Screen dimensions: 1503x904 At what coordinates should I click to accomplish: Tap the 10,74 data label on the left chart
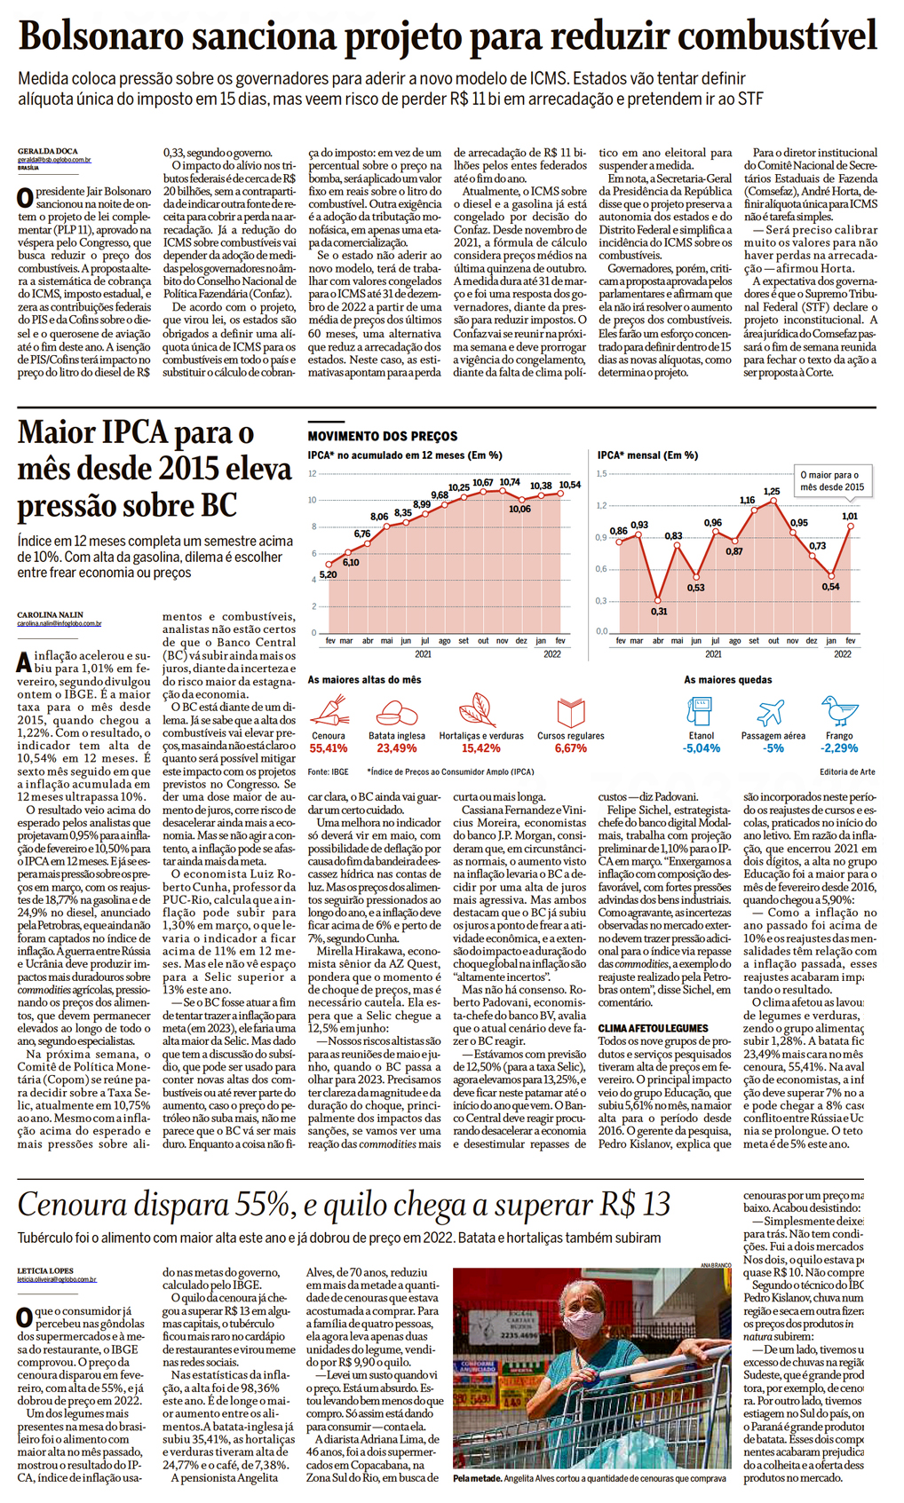click(509, 482)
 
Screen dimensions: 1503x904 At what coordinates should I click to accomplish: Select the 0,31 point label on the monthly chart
click(659, 611)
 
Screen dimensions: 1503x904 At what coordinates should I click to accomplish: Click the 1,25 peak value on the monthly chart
click(772, 491)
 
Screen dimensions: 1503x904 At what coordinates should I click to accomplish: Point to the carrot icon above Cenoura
click(329, 712)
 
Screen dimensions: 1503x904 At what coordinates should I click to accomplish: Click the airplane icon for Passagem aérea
click(771, 712)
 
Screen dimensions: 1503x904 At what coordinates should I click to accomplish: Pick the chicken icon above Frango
click(839, 711)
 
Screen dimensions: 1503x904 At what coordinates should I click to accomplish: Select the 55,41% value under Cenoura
click(329, 748)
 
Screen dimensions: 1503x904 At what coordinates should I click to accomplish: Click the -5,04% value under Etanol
click(702, 748)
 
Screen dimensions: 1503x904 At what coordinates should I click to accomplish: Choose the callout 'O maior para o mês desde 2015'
click(832, 481)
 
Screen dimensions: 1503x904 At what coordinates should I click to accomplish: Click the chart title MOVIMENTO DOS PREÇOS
click(383, 436)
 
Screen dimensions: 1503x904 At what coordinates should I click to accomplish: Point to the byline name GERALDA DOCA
click(48, 151)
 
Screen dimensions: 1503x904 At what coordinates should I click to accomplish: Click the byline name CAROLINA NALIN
click(52, 614)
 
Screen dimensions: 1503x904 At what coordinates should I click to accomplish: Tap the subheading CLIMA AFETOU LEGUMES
click(653, 1028)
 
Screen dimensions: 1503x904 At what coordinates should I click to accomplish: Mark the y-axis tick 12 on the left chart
click(313, 473)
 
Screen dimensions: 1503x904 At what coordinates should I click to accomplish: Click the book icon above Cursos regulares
click(570, 712)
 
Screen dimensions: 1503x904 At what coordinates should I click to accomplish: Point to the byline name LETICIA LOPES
click(45, 1270)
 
